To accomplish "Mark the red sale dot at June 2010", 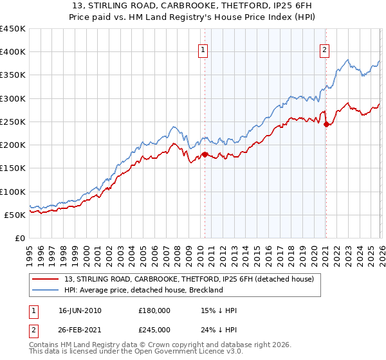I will pyautogui.click(x=205, y=154).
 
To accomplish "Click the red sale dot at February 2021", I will pyautogui.click(x=326, y=124).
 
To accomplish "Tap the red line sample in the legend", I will pyautogui.click(x=46, y=279).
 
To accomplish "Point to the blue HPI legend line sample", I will pyautogui.click(x=46, y=290).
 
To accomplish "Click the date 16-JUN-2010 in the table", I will pyautogui.click(x=80, y=310).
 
